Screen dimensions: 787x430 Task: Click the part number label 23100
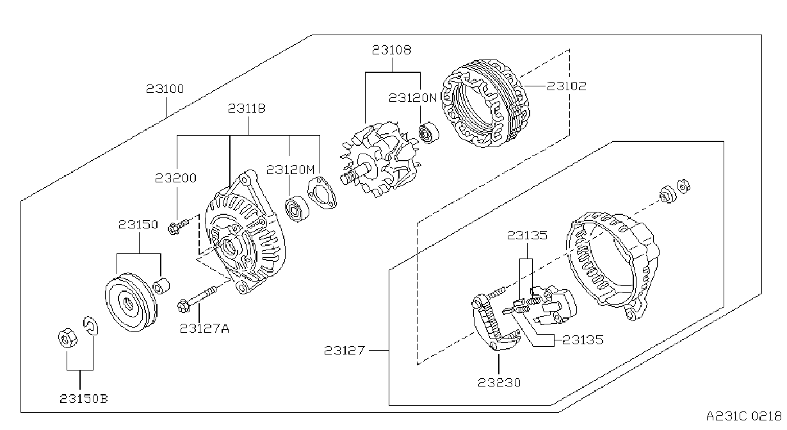165,89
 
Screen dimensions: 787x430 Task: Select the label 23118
247,108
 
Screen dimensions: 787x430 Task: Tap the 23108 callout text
392,50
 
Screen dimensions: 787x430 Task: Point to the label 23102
567,86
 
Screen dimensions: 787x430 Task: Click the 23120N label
412,98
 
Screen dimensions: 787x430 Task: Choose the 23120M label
290,170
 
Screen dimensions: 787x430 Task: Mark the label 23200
175,179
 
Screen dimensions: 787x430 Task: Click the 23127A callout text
204,328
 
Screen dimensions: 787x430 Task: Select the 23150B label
84,399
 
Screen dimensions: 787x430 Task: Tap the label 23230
499,383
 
